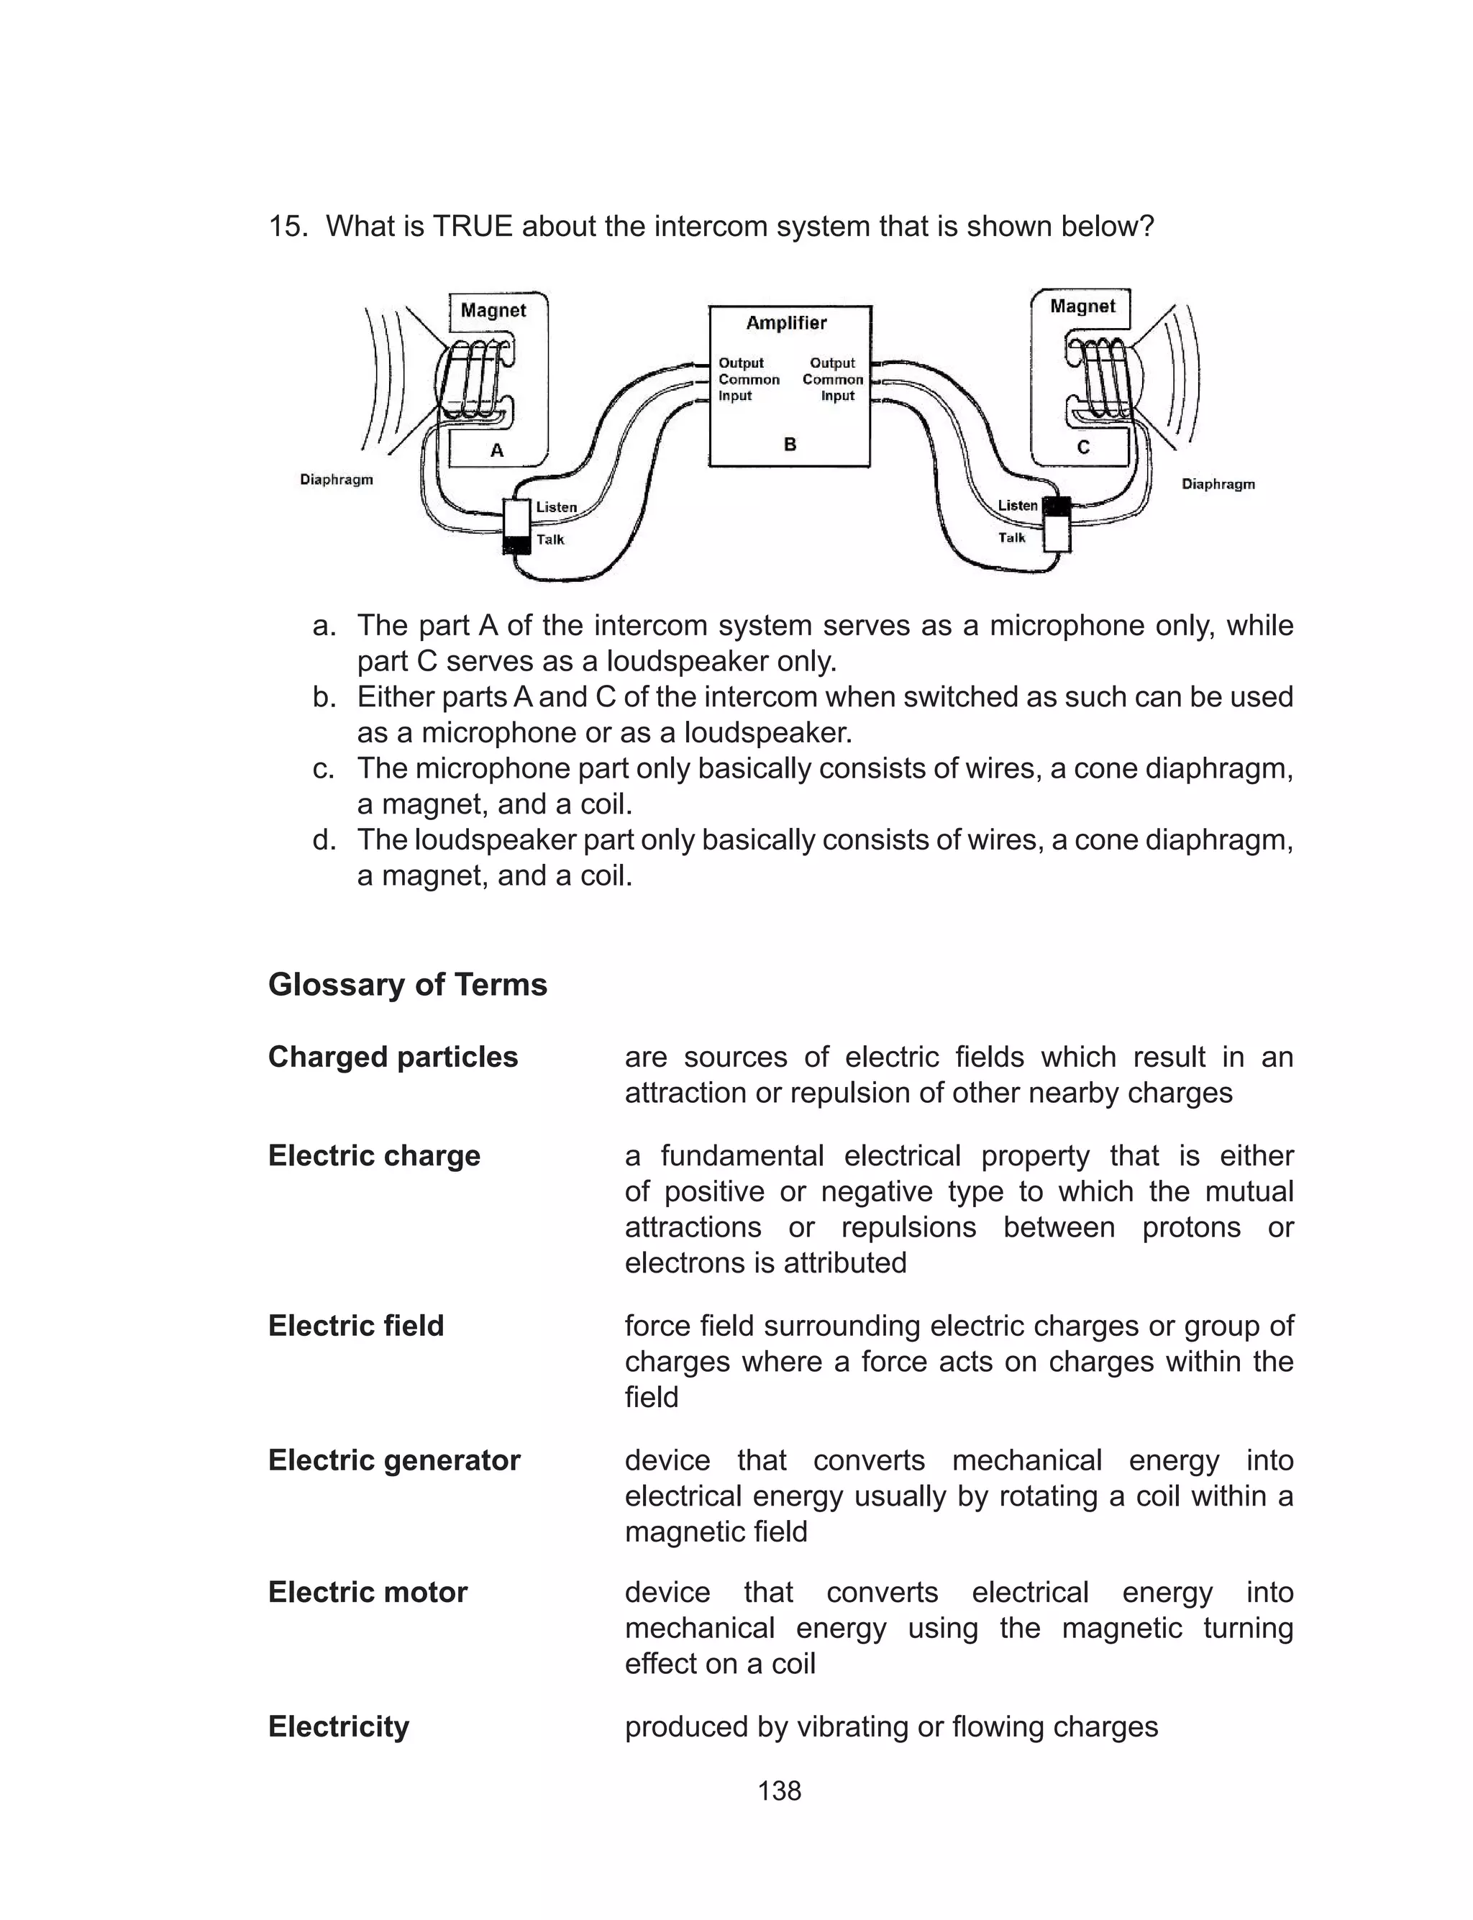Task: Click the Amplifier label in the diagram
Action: pyautogui.click(x=785, y=322)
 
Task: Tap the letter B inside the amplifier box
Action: pyautogui.click(x=790, y=445)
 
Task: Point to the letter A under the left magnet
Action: pyautogui.click(x=497, y=450)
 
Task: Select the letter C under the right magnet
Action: pyautogui.click(x=1084, y=447)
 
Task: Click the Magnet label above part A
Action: pyautogui.click(x=493, y=310)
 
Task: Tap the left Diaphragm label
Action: pyautogui.click(x=337, y=480)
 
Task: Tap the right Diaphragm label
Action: pyautogui.click(x=1218, y=484)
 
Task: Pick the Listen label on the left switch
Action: pyautogui.click(x=556, y=506)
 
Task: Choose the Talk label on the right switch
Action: pyautogui.click(x=1012, y=537)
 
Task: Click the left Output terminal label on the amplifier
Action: pyautogui.click(x=741, y=363)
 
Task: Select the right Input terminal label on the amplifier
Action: pyautogui.click(x=837, y=396)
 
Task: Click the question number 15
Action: pyautogui.click(x=288, y=226)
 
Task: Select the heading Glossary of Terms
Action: pyautogui.click(x=408, y=985)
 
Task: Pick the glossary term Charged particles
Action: pyautogui.click(x=393, y=1057)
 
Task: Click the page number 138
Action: pyautogui.click(x=780, y=1791)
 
